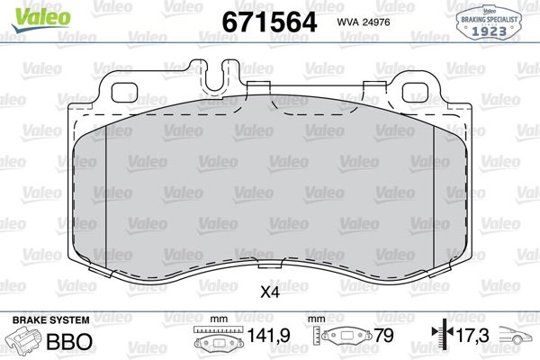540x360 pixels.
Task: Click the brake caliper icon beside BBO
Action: point(27,342)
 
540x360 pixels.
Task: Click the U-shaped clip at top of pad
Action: point(217,80)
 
